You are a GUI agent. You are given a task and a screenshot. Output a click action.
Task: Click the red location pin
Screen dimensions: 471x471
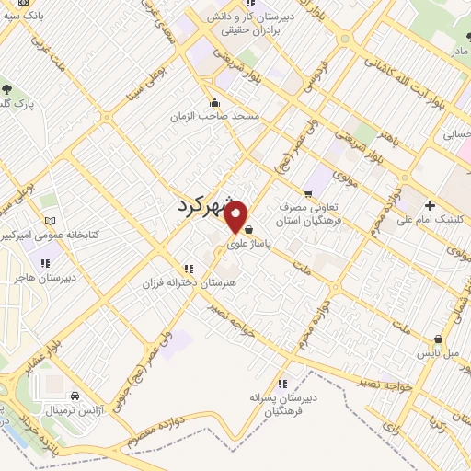236,216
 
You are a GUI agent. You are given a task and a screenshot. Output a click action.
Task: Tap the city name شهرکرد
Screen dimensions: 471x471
211,206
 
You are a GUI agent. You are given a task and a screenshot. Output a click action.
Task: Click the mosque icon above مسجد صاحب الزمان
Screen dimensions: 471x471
214,102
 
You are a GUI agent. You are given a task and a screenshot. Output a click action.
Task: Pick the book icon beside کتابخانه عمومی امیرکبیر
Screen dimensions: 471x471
51,221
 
